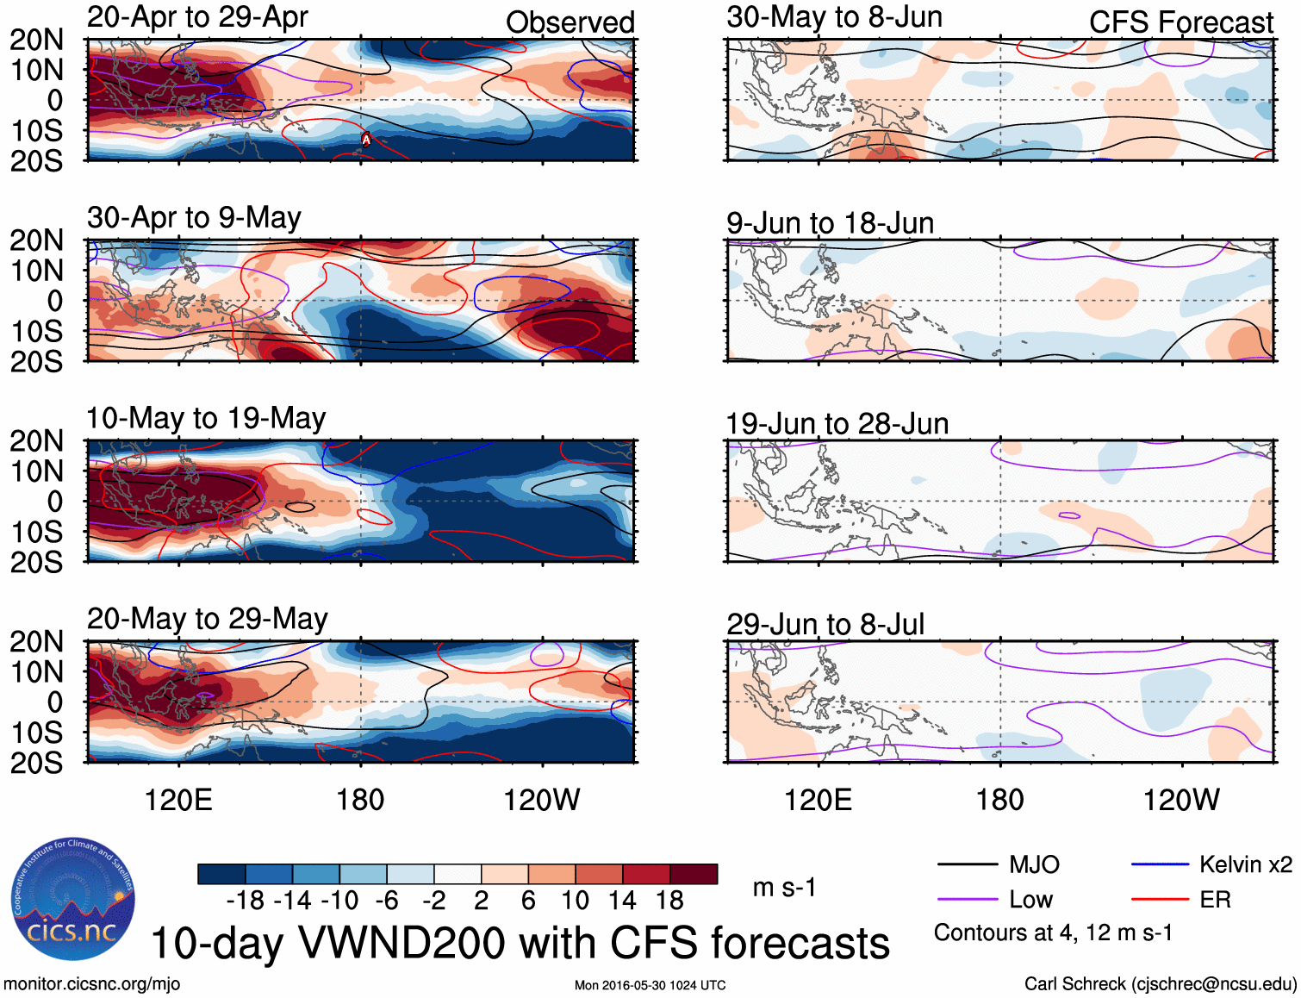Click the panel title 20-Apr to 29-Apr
(197, 17)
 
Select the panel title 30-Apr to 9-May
(194, 218)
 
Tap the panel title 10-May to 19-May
(206, 419)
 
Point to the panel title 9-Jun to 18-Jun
(830, 223)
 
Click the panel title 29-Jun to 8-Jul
(825, 625)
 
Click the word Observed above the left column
(570, 22)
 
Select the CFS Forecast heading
(1180, 22)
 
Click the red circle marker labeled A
(366, 140)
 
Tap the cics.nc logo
(73, 900)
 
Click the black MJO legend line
(967, 864)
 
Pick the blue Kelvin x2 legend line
(1160, 864)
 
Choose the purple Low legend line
(967, 900)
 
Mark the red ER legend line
(1160, 900)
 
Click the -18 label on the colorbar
(246, 901)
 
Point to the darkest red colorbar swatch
(694, 874)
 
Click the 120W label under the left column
(541, 800)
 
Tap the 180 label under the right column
(999, 800)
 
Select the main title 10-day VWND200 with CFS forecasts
(520, 943)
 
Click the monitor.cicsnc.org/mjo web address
(92, 984)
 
